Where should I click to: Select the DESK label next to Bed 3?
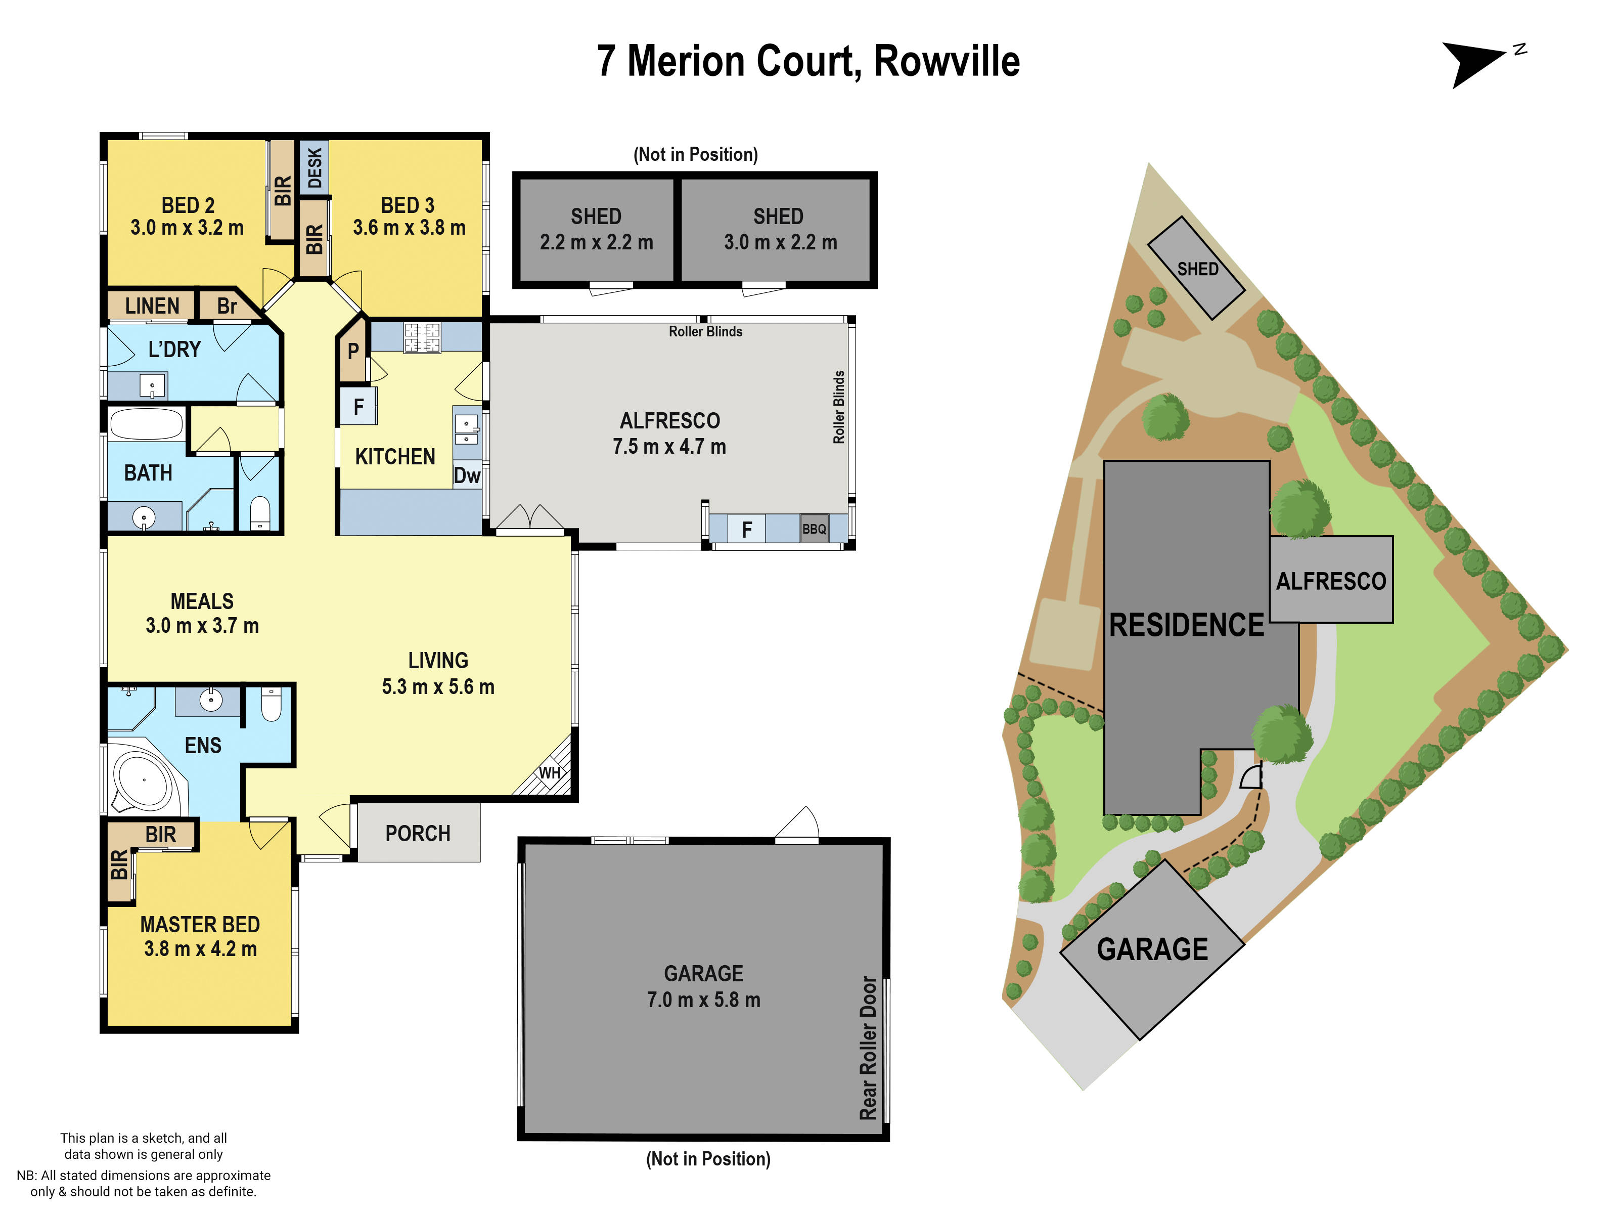tap(314, 167)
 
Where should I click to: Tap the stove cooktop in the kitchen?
tap(422, 338)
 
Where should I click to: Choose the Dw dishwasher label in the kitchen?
tap(467, 475)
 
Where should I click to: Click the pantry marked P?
tap(352, 351)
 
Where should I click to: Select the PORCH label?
tap(418, 834)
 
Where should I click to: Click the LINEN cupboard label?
tap(152, 306)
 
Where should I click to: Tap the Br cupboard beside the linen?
tap(227, 306)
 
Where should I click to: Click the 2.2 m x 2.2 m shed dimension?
tap(596, 242)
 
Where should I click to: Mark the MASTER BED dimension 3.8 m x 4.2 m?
tap(200, 949)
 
